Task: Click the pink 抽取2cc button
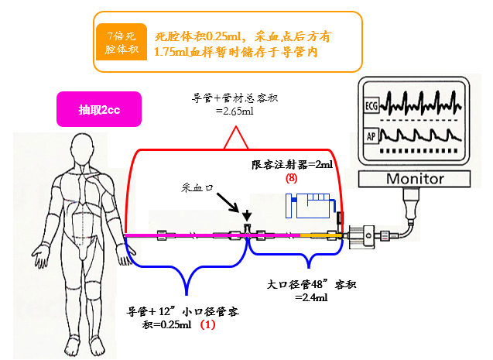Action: click(x=98, y=110)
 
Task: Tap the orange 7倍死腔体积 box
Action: click(x=121, y=43)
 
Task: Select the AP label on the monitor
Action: click(x=371, y=138)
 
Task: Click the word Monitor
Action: click(x=414, y=179)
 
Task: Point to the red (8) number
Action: click(x=291, y=177)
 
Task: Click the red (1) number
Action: click(x=207, y=325)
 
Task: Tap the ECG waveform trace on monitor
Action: click(x=423, y=101)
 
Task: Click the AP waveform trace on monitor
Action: click(x=423, y=138)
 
